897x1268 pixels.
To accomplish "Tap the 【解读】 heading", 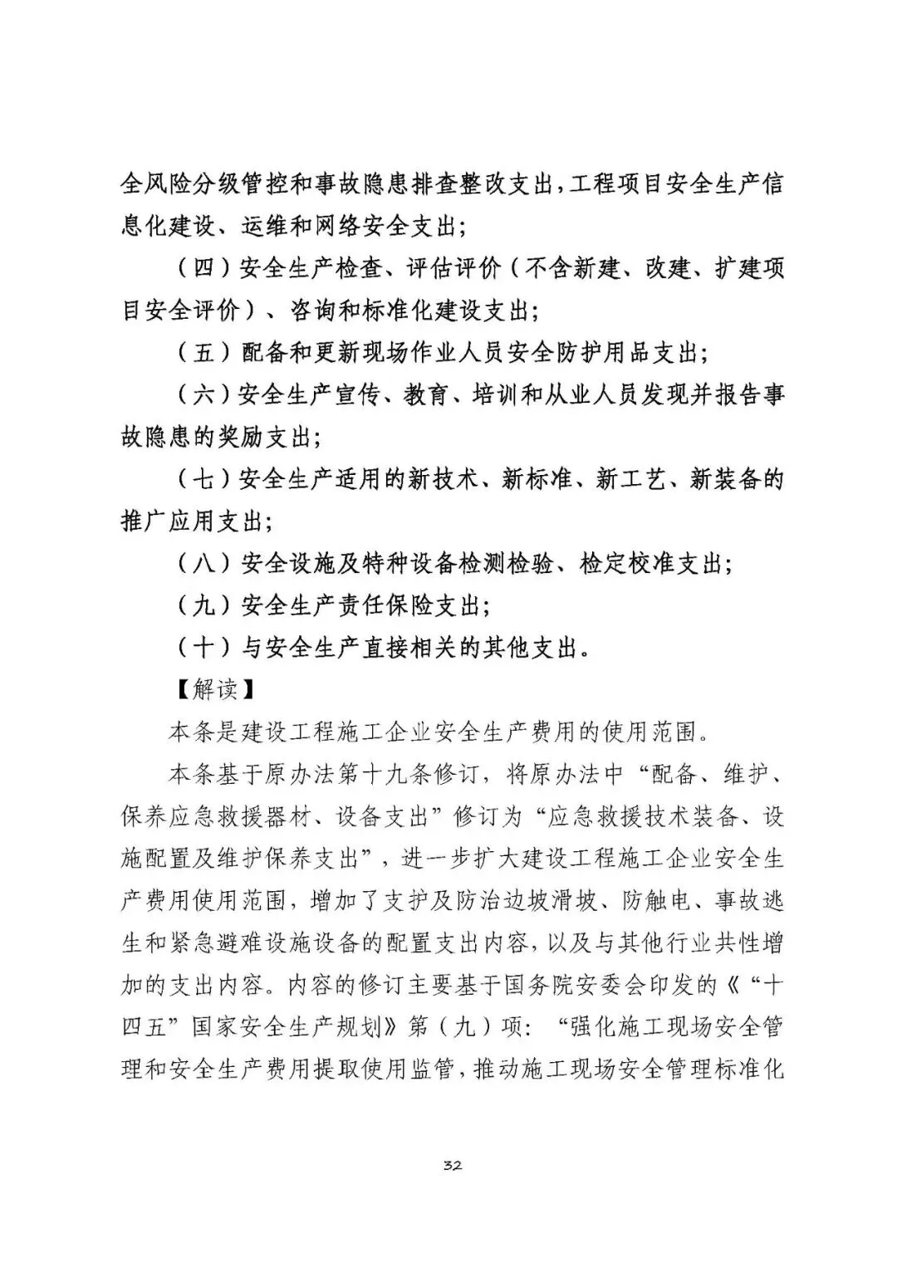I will [216, 689].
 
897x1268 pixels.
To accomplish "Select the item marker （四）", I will [204, 268].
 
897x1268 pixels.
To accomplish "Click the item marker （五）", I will [204, 353].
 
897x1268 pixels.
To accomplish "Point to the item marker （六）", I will [204, 395].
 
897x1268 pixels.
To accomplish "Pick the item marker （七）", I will [204, 480].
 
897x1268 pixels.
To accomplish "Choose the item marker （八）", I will [204, 565].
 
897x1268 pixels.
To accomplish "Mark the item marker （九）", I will [204, 606].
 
